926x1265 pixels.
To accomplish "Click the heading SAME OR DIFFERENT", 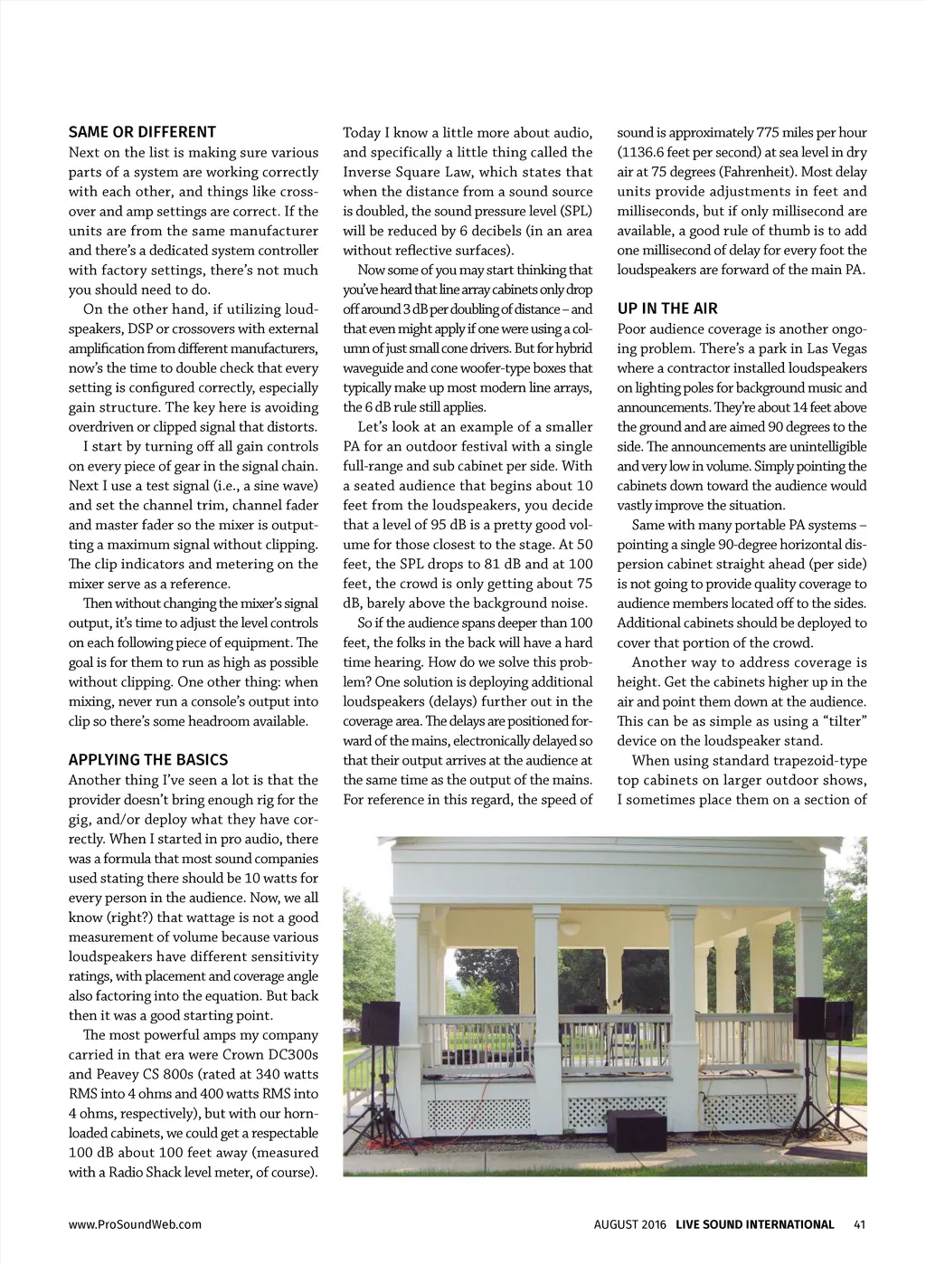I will [142, 132].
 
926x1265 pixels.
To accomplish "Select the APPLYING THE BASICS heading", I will [148, 760].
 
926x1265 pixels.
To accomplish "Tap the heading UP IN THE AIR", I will [667, 309].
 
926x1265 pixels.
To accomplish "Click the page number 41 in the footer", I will [859, 1224].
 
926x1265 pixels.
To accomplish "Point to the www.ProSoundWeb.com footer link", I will [135, 1224].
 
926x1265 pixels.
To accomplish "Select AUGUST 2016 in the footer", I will [629, 1224].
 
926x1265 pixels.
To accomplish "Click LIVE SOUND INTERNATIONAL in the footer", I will [755, 1224].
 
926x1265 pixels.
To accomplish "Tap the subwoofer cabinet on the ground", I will [636, 1128].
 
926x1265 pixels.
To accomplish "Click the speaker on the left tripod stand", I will [380, 1023].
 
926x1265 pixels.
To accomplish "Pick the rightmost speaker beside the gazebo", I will [839, 1020].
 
